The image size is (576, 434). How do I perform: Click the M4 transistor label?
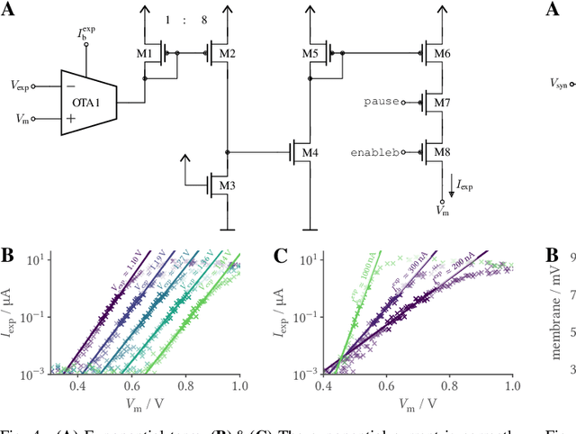(310, 151)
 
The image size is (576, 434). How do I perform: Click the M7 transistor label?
(442, 103)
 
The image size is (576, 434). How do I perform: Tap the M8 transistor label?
(442, 151)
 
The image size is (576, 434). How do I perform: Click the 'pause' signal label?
(382, 103)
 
